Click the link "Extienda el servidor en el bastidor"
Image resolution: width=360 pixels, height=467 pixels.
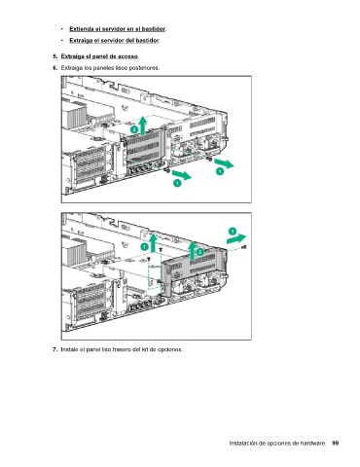pos(117,29)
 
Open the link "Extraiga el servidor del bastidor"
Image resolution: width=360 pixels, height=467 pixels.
pos(114,41)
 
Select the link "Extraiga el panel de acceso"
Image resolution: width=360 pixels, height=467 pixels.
pos(99,56)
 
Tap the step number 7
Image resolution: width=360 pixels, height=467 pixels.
pos(54,349)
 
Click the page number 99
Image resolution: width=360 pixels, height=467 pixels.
pos(336,443)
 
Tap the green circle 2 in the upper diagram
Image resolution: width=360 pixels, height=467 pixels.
pos(134,129)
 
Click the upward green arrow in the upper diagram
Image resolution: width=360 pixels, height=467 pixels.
pos(142,126)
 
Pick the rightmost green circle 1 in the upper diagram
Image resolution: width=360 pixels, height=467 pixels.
pos(220,171)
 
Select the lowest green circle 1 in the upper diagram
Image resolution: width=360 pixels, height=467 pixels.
pos(177,183)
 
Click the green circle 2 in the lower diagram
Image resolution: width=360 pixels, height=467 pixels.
pos(200,252)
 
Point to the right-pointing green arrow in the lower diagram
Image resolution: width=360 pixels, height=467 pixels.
pos(236,239)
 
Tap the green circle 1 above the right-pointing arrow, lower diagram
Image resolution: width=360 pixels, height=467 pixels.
pos(233,232)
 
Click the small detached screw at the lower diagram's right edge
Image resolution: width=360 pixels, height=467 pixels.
pos(244,247)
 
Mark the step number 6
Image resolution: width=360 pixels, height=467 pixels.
pos(54,68)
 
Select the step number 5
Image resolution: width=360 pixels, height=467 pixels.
pos(54,56)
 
